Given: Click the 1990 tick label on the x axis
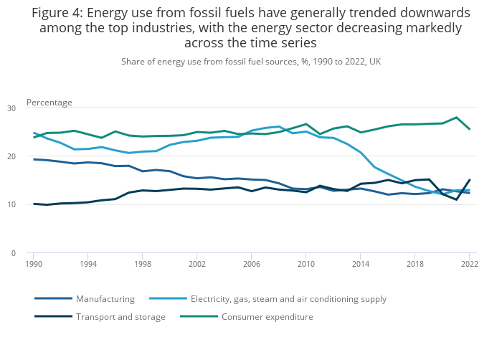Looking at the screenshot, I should pyautogui.click(x=32, y=265).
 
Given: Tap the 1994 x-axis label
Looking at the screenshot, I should pyautogui.click(x=87, y=265).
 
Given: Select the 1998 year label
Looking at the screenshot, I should pyautogui.click(x=142, y=265).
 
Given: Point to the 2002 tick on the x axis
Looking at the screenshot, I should pyautogui.click(x=197, y=265).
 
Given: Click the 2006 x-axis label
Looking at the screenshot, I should pyautogui.click(x=252, y=265).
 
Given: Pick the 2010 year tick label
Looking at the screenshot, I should pyautogui.click(x=306, y=265).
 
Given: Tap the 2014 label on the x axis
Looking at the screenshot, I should pyautogui.click(x=361, y=265).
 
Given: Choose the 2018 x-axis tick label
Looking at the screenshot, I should pyautogui.click(x=415, y=265).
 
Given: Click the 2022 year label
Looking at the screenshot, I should pyautogui.click(x=470, y=265).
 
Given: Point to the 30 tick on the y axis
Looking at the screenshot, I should pyautogui.click(x=11, y=108).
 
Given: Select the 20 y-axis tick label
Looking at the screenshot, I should pyautogui.click(x=11, y=156).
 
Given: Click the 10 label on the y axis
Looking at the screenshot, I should pyautogui.click(x=11, y=205).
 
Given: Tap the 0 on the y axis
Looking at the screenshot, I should pyautogui.click(x=13, y=253).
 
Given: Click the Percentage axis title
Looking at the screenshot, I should pyautogui.click(x=49, y=103).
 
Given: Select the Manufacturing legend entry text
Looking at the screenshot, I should pyautogui.click(x=105, y=299).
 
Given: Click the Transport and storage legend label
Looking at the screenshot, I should pyautogui.click(x=120, y=317).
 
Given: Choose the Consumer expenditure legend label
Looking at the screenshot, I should pyautogui.click(x=267, y=317).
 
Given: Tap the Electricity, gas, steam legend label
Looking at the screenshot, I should pyautogui.click(x=288, y=299).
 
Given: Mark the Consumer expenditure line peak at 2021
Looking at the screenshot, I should pyautogui.click(x=456, y=118).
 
